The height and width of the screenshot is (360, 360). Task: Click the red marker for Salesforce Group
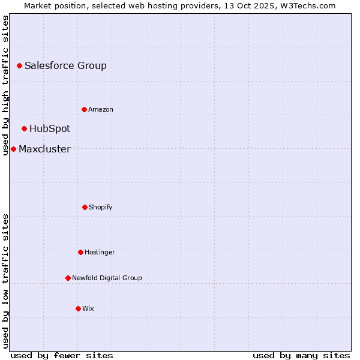click(x=19, y=65)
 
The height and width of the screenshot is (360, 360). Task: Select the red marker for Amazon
click(x=84, y=109)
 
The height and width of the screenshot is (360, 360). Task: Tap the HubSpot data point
click(x=24, y=128)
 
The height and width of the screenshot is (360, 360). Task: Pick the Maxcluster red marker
click(x=13, y=149)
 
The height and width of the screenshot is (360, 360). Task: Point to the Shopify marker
click(x=85, y=207)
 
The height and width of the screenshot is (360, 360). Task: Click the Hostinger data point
click(x=80, y=252)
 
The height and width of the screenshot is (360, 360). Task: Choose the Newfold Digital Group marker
click(x=68, y=278)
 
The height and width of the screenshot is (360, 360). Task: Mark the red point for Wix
click(x=78, y=308)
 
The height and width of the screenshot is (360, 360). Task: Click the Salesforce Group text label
click(x=65, y=66)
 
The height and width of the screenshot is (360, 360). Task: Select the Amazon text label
click(x=101, y=109)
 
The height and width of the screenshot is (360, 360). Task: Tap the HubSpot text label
click(x=50, y=129)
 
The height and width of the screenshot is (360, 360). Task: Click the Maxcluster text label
click(x=44, y=149)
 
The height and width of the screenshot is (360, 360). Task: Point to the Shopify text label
click(x=101, y=208)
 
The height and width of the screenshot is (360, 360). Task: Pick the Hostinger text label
click(x=100, y=253)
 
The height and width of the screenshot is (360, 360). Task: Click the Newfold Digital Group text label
click(x=107, y=278)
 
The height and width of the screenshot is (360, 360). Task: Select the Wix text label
click(x=88, y=309)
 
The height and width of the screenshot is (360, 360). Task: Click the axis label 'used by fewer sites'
click(x=62, y=355)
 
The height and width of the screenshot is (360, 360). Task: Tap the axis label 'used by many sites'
click(x=301, y=355)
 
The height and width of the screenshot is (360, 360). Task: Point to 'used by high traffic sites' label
click(x=5, y=85)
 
